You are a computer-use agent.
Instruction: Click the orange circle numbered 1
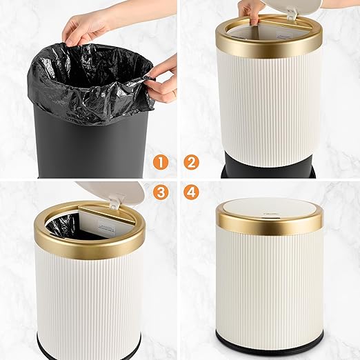click(x=161, y=163)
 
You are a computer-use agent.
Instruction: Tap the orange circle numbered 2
click(x=192, y=163)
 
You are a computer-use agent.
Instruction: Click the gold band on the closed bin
click(x=270, y=225)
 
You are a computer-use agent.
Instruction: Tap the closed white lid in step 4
click(x=270, y=209)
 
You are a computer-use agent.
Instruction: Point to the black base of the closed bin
click(x=270, y=341)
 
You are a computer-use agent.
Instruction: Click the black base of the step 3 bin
click(x=90, y=348)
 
